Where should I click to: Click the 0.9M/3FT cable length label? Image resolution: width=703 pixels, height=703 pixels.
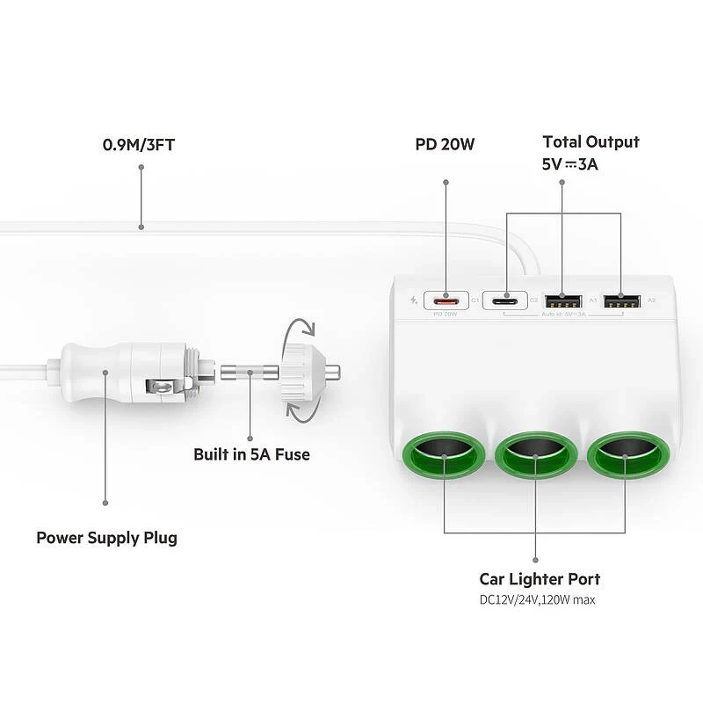click(x=140, y=144)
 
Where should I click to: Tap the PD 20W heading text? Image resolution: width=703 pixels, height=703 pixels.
click(x=445, y=144)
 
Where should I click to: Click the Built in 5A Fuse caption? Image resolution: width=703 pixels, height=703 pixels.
click(x=251, y=454)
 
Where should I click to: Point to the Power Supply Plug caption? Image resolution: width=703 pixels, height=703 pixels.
click(x=106, y=537)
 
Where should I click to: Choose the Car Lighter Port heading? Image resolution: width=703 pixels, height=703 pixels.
click(x=540, y=579)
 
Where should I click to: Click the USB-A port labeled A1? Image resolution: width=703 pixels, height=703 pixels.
click(x=562, y=301)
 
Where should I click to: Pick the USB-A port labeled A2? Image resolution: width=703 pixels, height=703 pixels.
click(x=620, y=301)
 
